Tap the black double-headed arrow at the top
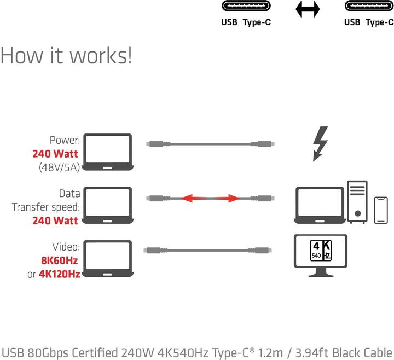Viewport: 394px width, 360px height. (x=307, y=9)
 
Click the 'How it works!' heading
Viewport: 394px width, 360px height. (x=66, y=55)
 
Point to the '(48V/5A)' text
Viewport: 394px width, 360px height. (x=59, y=167)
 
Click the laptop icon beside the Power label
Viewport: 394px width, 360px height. (x=110, y=153)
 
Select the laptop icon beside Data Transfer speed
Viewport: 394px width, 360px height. (x=110, y=205)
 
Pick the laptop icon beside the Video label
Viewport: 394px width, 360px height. (x=110, y=259)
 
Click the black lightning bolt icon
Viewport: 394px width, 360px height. (x=320, y=144)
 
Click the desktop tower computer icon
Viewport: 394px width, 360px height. (x=357, y=202)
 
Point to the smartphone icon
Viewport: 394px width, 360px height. (x=381, y=210)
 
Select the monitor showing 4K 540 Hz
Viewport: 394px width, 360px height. (x=321, y=254)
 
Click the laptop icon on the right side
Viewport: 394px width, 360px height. (x=320, y=205)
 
